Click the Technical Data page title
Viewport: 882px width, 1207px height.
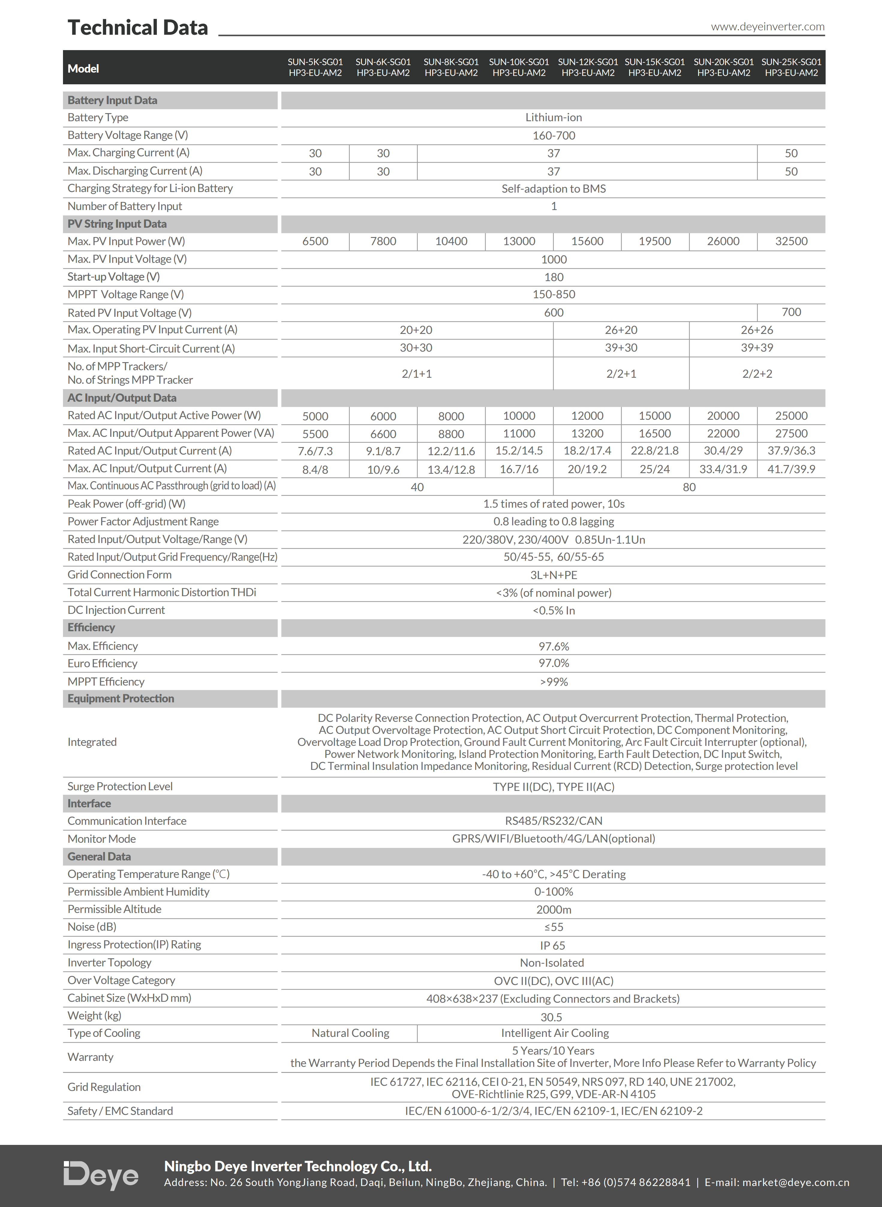tap(138, 28)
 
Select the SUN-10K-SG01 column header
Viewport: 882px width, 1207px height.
tap(519, 67)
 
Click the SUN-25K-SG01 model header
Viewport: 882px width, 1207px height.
tap(791, 67)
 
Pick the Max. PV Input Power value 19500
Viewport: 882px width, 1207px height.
tap(655, 242)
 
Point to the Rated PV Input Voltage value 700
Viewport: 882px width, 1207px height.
tap(791, 312)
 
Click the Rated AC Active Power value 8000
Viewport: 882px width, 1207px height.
tap(451, 416)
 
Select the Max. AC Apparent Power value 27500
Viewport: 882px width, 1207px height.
tap(791, 434)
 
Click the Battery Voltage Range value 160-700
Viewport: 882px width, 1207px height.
tap(554, 136)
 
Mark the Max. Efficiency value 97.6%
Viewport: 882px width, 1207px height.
tap(554, 646)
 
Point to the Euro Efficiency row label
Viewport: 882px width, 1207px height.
tap(103, 663)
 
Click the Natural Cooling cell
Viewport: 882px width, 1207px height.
tap(350, 1033)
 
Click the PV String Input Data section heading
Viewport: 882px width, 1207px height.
tap(117, 224)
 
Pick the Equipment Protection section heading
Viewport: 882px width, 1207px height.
tap(121, 698)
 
